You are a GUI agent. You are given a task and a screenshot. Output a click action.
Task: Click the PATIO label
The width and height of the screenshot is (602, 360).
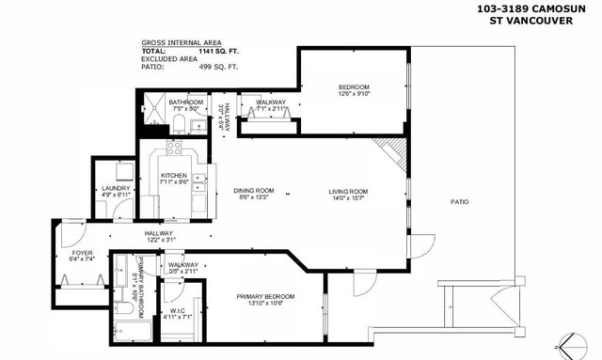pyautogui.click(x=459, y=202)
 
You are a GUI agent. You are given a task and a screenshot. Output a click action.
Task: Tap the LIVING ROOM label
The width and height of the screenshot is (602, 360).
pyautogui.click(x=347, y=192)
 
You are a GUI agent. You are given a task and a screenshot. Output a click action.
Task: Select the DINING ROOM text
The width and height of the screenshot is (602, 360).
pyautogui.click(x=252, y=192)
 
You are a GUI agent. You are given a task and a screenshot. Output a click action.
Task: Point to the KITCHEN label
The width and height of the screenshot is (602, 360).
pyautogui.click(x=173, y=176)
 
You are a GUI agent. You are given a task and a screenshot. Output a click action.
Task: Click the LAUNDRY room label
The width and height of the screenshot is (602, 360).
pyautogui.click(x=115, y=189)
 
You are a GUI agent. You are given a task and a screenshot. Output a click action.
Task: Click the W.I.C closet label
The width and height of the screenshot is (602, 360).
pyautogui.click(x=178, y=311)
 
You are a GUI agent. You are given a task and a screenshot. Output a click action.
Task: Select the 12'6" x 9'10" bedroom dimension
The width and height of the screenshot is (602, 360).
pyautogui.click(x=354, y=93)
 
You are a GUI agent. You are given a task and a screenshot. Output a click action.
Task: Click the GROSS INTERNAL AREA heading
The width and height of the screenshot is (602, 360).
pyautogui.click(x=181, y=43)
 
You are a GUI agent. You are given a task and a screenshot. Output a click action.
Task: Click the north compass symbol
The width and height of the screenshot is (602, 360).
pyautogui.click(x=566, y=344)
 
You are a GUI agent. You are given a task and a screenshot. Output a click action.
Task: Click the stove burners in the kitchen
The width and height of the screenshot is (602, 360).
pyautogui.click(x=174, y=148)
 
